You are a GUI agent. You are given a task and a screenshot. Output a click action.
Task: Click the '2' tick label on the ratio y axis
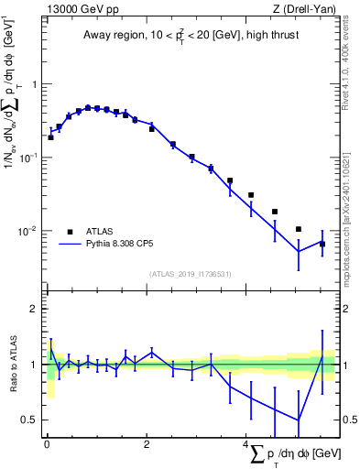tap(31, 309)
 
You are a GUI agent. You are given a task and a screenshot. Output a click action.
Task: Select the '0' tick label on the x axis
tap(46, 444)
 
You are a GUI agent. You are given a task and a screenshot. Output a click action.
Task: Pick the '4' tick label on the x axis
tap(245, 444)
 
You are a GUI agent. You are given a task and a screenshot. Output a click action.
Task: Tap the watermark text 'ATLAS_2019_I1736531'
tap(189, 273)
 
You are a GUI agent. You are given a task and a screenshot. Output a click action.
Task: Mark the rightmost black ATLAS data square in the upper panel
tap(322, 244)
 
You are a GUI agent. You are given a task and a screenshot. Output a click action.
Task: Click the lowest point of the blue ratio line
tap(298, 420)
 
